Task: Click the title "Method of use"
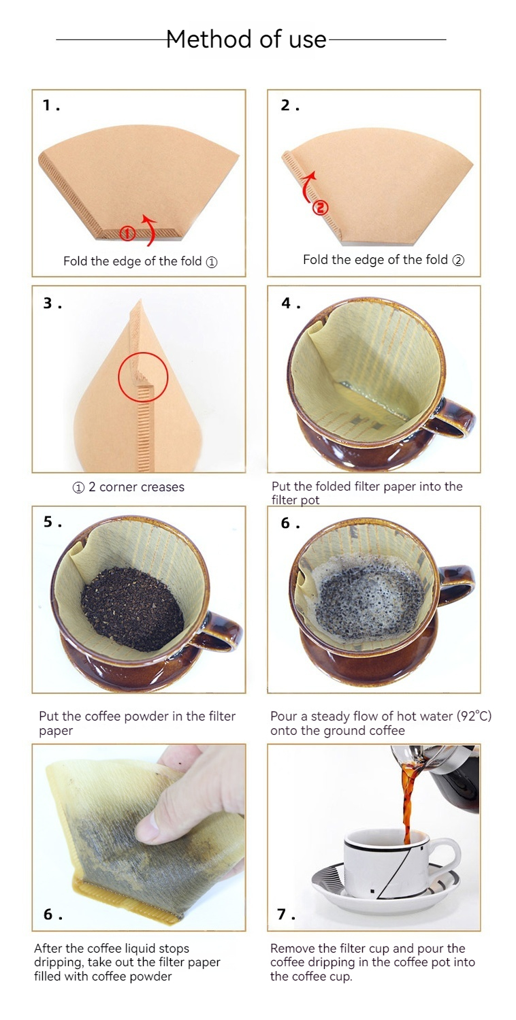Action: (246, 39)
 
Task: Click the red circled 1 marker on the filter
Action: (127, 233)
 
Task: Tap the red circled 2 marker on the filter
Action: (320, 208)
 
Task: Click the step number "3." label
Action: (52, 303)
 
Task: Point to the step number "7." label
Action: (286, 914)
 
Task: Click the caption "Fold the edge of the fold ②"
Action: (383, 259)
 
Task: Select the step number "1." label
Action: (52, 105)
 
